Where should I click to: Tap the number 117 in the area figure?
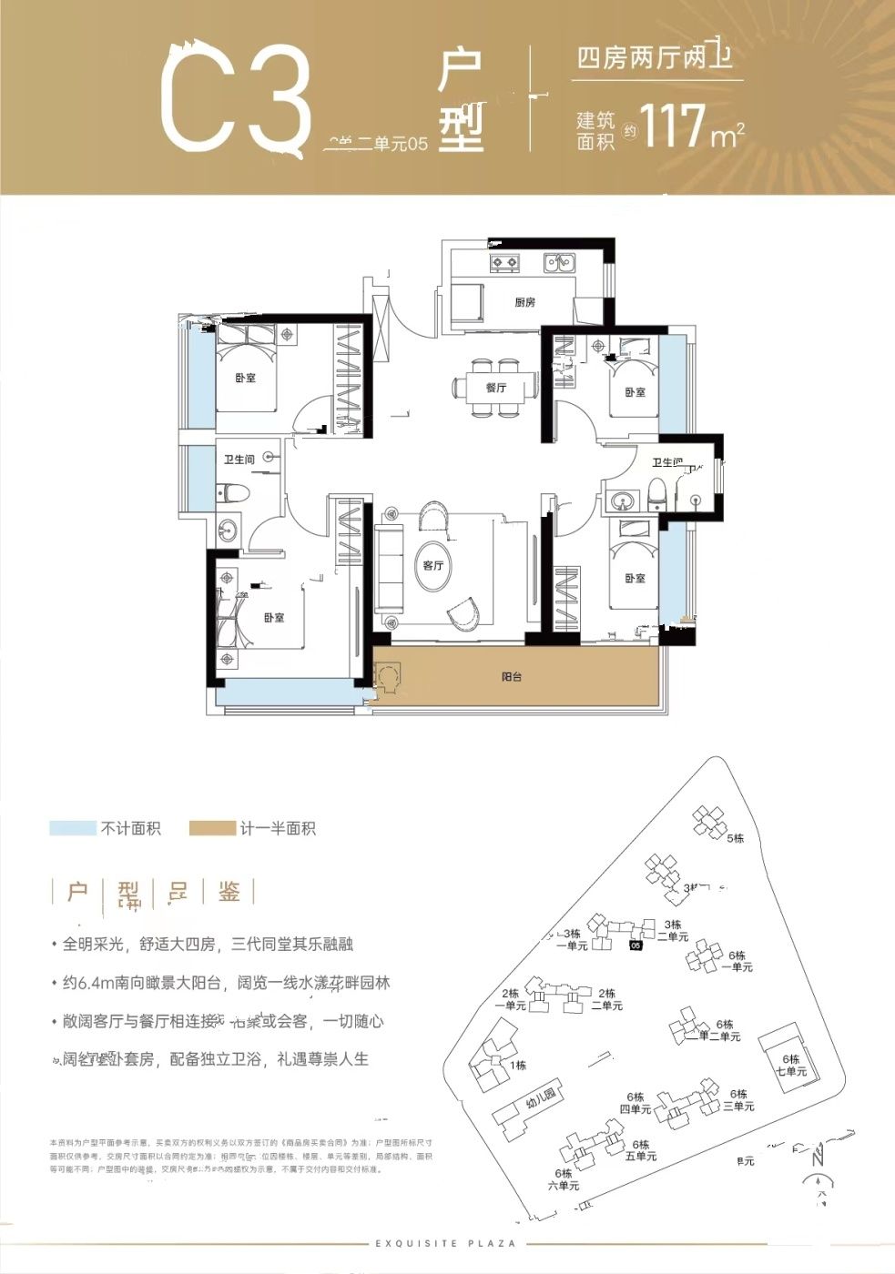point(673,126)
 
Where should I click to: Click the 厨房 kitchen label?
point(524,302)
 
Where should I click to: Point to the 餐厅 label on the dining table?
point(496,389)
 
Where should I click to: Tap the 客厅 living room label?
point(433,565)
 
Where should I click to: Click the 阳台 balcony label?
point(512,677)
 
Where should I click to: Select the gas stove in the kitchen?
point(504,263)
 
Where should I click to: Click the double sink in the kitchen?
point(558,263)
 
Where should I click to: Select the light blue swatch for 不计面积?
point(73,828)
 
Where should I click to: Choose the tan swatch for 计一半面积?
point(211,828)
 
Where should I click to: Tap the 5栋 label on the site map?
point(736,838)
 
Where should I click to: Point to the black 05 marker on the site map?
point(636,945)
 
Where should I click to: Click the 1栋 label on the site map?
point(518,1065)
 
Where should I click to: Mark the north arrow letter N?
point(819,1158)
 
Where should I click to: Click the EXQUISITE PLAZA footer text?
point(445,1243)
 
